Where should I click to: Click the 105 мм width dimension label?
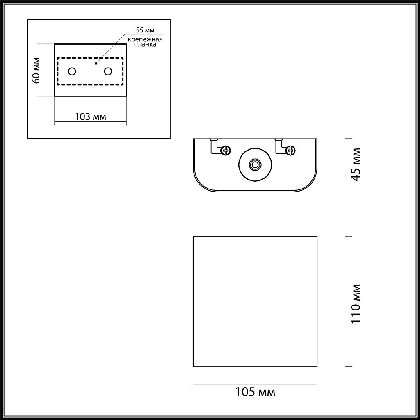(255, 393)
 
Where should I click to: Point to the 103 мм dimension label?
(91, 117)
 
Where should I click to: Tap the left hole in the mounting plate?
(72, 71)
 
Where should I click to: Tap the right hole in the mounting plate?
(108, 71)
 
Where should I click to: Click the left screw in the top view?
(225, 151)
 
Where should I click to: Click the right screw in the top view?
(290, 151)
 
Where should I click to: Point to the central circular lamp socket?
(255, 165)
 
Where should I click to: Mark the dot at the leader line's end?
(96, 64)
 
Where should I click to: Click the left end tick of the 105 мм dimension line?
(193, 385)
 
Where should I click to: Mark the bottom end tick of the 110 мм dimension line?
(349, 366)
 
